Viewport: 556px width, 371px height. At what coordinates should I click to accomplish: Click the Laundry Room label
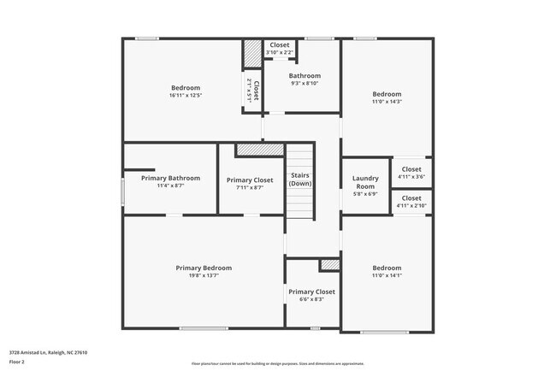click(365, 183)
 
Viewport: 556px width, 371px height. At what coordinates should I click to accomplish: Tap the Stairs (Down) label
click(299, 180)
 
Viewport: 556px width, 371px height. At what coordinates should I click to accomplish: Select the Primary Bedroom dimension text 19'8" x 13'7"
click(204, 276)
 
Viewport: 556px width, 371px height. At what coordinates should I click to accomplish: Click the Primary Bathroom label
click(170, 178)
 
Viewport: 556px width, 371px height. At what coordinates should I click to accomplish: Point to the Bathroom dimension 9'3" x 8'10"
click(304, 83)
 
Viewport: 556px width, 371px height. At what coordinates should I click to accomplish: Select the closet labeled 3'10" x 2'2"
click(280, 49)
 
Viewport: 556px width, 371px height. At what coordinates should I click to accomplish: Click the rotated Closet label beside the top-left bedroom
click(252, 91)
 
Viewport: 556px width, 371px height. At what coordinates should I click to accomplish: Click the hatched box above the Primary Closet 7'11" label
click(260, 150)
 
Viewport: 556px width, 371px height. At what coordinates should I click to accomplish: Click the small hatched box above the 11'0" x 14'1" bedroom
click(329, 265)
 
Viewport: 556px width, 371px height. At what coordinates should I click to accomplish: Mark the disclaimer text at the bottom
click(277, 363)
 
